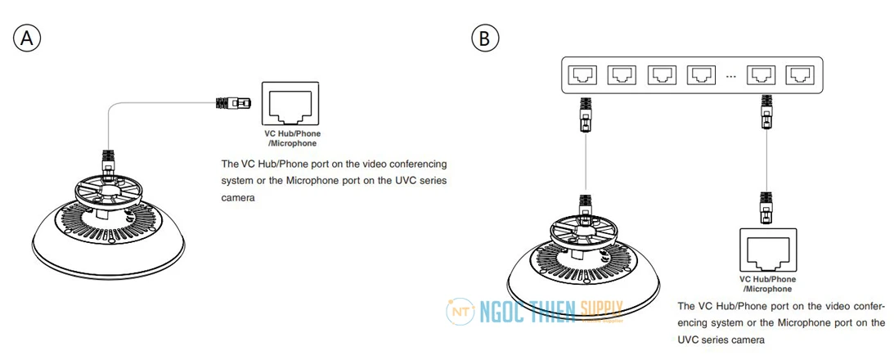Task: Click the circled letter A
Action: point(27,38)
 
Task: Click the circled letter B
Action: point(485,38)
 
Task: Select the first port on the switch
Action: point(582,74)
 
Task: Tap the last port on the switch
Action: point(800,74)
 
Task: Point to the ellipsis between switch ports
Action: point(731,76)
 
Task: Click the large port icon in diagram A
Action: point(291,103)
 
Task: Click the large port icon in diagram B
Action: point(767,250)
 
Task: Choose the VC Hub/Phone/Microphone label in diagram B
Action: point(767,284)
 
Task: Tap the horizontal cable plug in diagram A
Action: point(232,103)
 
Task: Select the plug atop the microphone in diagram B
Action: point(586,208)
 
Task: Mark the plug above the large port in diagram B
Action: point(767,209)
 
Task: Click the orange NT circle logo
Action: point(460,312)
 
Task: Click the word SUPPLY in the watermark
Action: point(601,308)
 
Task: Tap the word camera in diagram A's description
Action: point(236,198)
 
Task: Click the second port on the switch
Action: point(622,74)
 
